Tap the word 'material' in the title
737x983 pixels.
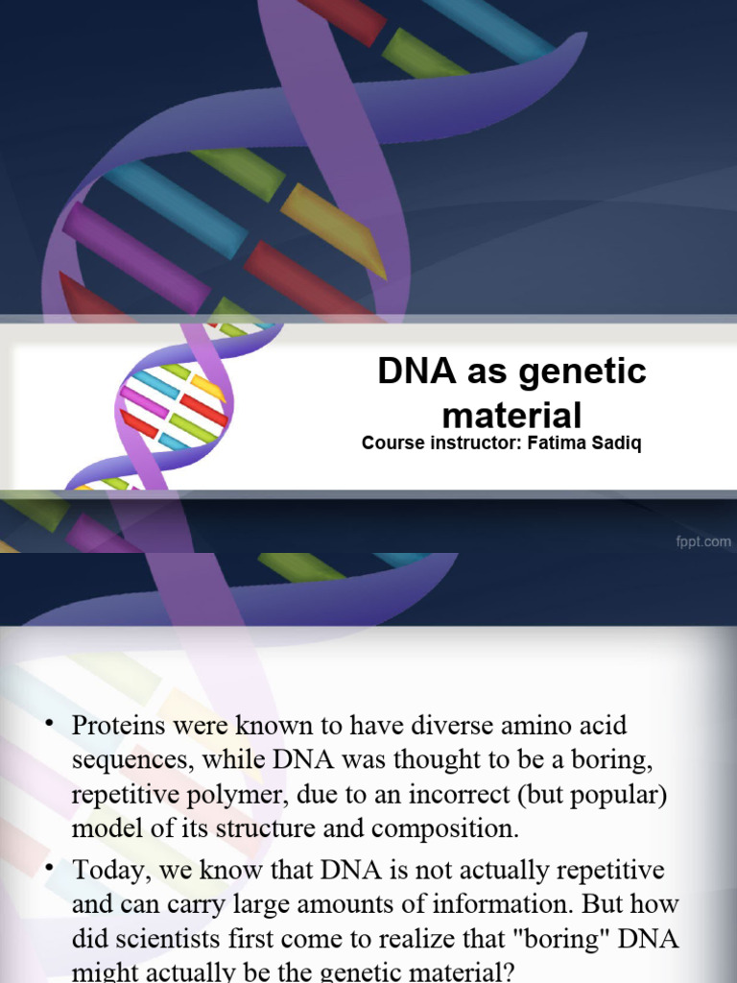click(x=511, y=416)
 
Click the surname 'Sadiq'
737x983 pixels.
click(x=609, y=444)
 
